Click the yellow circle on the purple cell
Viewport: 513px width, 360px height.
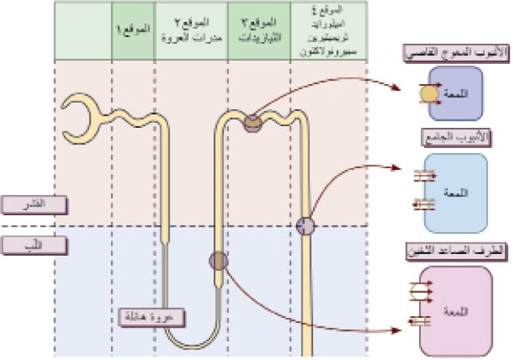[x=427, y=94]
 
